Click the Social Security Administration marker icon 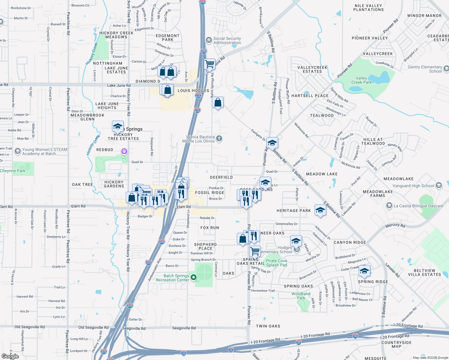pyautogui.click(x=209, y=40)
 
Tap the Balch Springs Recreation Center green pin pyautogui.click(x=194, y=277)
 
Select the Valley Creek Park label pyautogui.click(x=361, y=80)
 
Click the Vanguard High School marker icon pyautogui.click(x=439, y=185)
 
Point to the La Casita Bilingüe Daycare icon pyautogui.click(x=389, y=205)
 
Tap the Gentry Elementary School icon pyautogui.click(x=446, y=69)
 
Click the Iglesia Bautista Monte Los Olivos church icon pyautogui.click(x=219, y=138)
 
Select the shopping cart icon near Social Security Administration pyautogui.click(x=209, y=64)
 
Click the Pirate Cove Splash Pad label pyautogui.click(x=276, y=263)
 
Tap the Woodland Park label pyautogui.click(x=301, y=296)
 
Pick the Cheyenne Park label pyautogui.click(x=13, y=171)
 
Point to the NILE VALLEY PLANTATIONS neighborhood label pyautogui.click(x=368, y=8)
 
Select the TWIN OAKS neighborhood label pyautogui.click(x=268, y=326)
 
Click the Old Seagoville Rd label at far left pyautogui.click(x=29, y=327)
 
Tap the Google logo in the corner pyautogui.click(x=10, y=356)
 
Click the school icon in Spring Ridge pyautogui.click(x=364, y=271)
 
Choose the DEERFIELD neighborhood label pyautogui.click(x=221, y=177)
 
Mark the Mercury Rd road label pyautogui.click(x=395, y=225)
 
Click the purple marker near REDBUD pyautogui.click(x=124, y=151)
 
